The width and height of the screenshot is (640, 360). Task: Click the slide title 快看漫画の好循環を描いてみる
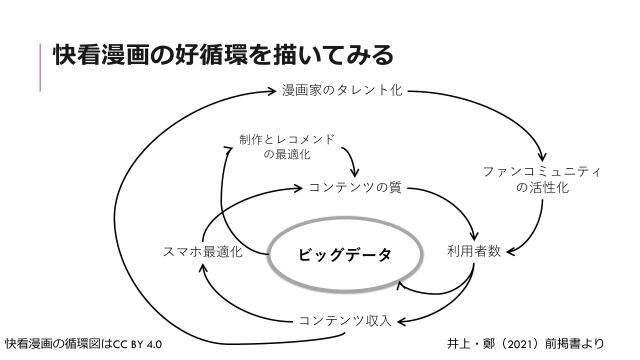(223, 54)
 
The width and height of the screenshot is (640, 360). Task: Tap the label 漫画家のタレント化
(342, 91)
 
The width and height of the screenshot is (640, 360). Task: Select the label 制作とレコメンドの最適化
(287, 146)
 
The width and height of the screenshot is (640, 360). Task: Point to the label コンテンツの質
(355, 186)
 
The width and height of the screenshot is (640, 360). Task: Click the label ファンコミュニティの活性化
(542, 179)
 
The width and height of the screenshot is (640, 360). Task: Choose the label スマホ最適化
(203, 252)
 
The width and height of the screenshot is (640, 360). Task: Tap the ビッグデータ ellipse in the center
(345, 254)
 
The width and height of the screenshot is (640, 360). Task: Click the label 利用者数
(474, 251)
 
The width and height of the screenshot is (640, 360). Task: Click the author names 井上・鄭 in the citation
(472, 344)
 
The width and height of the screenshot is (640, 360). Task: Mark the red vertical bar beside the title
(41, 67)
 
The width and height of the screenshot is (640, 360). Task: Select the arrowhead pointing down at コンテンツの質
(354, 172)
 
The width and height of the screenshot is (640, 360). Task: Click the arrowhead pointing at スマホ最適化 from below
(204, 268)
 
